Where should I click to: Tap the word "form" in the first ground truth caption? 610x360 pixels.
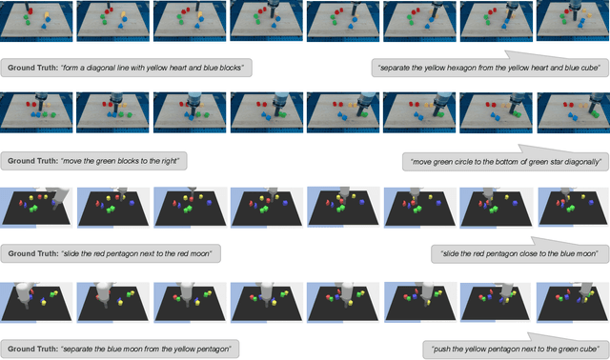[x=70, y=68]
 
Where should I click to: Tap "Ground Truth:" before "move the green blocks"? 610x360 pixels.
[x=32, y=161]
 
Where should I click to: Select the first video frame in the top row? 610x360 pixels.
[x=36, y=21]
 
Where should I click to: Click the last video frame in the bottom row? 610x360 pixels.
[x=573, y=302]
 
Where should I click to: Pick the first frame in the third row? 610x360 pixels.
[x=36, y=207]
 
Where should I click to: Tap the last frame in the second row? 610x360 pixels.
[x=574, y=112]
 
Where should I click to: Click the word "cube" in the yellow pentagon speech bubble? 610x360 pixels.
[x=589, y=350]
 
